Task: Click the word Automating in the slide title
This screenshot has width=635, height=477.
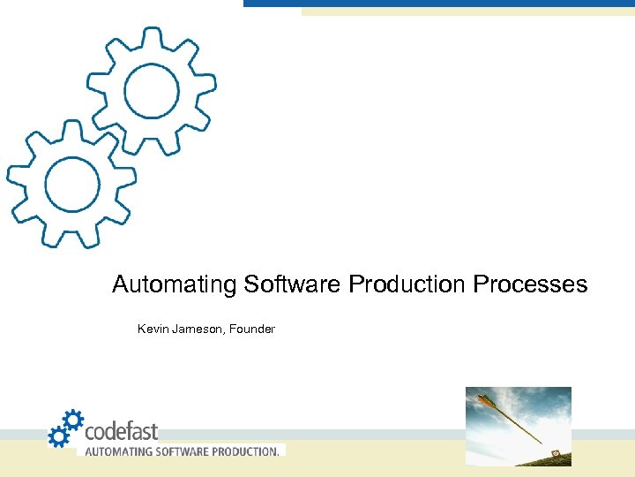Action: (x=175, y=285)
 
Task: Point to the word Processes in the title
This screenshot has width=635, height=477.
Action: (x=530, y=285)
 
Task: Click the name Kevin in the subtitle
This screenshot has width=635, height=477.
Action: (x=152, y=329)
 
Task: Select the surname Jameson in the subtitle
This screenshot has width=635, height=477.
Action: (x=196, y=329)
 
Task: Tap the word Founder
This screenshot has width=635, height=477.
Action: (x=252, y=329)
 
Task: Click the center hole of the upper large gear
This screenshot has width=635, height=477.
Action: (x=152, y=90)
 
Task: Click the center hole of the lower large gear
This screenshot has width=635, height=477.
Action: (x=72, y=185)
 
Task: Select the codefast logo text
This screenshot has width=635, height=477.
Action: (x=121, y=431)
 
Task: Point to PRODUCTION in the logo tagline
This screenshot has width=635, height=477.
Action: (x=244, y=451)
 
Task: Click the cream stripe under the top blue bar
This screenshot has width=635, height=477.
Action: (x=467, y=12)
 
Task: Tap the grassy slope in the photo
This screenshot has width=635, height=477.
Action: (x=529, y=458)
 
